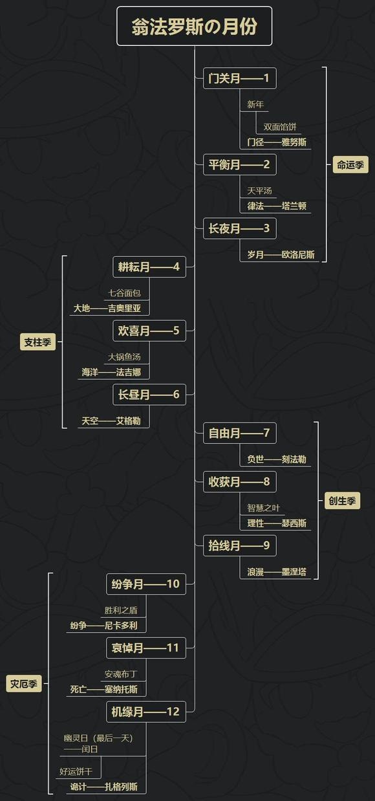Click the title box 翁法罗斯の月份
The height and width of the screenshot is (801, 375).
[x=194, y=27]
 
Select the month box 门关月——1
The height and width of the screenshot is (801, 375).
[x=239, y=78]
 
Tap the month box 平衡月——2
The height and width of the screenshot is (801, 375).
[x=239, y=164]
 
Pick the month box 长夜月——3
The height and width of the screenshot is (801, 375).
[x=239, y=228]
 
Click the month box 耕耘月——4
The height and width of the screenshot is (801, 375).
[x=149, y=267]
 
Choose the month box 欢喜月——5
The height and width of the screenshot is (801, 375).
[x=149, y=331]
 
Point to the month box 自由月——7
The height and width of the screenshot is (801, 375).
[x=239, y=433]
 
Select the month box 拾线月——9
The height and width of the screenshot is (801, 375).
[x=239, y=545]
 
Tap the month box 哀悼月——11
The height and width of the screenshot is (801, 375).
[x=146, y=648]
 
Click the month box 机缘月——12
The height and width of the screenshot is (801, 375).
[x=146, y=712]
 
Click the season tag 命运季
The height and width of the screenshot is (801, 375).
[x=350, y=164]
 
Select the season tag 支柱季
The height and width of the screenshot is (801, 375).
[x=37, y=342]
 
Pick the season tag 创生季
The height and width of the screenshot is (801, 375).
[x=342, y=501]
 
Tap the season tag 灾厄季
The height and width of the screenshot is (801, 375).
[x=23, y=684]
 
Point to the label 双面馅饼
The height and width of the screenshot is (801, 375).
[x=280, y=127]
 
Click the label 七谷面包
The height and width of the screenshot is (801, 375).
[x=124, y=293]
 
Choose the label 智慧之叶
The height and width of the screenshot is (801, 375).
[x=263, y=508]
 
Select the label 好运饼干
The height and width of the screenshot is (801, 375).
[x=76, y=771]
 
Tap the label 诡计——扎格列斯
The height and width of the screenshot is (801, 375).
[x=103, y=787]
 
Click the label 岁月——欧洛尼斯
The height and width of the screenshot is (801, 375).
[x=281, y=255]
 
